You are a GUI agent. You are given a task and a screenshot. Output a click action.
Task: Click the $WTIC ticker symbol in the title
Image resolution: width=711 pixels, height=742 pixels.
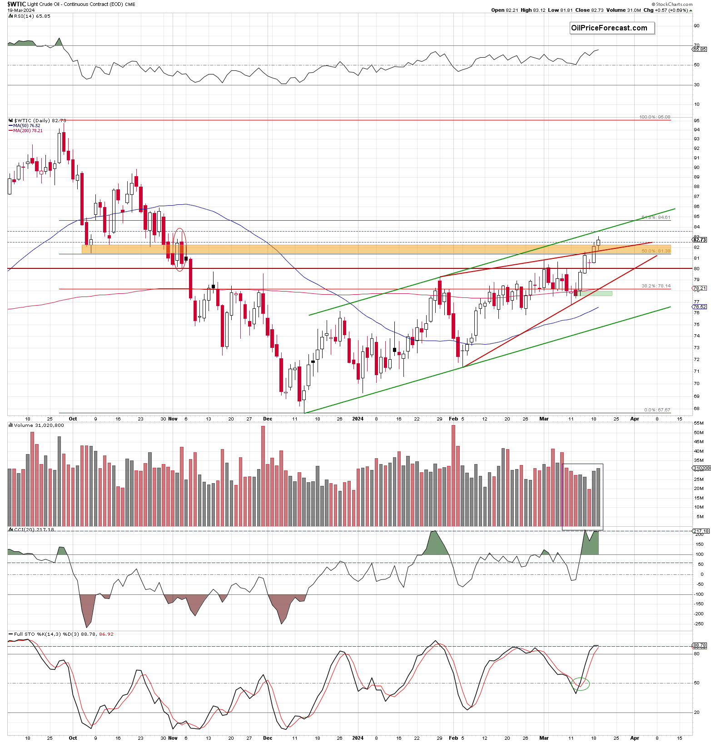(16, 4)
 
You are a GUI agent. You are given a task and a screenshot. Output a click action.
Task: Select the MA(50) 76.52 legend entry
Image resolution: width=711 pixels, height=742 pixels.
(26, 126)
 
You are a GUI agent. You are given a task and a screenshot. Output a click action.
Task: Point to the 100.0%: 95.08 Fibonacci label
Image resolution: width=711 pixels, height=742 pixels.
(654, 117)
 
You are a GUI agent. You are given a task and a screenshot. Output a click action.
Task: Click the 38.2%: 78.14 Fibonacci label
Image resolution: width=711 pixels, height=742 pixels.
(656, 286)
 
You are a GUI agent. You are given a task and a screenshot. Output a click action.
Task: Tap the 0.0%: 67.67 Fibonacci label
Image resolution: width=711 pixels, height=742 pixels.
(656, 410)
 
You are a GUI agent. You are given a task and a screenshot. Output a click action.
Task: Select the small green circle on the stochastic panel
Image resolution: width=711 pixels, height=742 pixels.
(581, 684)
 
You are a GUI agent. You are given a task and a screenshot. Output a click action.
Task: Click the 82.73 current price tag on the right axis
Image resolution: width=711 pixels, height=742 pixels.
(699, 240)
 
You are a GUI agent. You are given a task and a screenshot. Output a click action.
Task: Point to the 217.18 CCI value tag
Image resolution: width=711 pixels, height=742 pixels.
(700, 531)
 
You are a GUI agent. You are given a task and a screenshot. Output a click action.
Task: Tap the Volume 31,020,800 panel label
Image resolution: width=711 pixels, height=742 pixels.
(39, 425)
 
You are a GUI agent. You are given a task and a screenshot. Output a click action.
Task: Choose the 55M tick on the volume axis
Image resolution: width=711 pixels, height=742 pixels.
(699, 423)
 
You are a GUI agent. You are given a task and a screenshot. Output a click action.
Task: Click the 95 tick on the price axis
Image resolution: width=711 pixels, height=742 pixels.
(696, 121)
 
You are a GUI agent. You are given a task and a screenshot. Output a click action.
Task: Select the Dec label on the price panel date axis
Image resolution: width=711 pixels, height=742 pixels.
(268, 419)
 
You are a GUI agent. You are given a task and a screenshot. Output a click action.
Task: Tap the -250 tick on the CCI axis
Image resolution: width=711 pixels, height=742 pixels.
(699, 624)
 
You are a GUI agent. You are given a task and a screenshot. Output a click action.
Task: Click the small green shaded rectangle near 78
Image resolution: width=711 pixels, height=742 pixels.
(596, 293)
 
